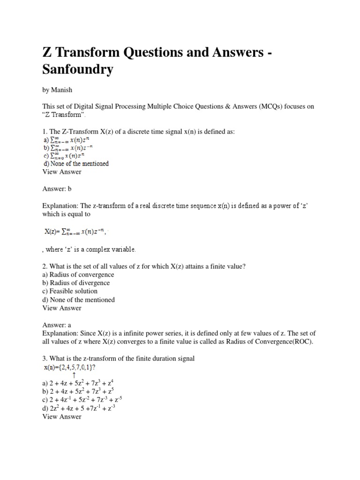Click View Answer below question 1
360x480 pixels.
pyautogui.click(x=61, y=172)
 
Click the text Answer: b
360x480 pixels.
pyautogui.click(x=57, y=188)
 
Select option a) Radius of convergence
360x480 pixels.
pyautogui.click(x=78, y=275)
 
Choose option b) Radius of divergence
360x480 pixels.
pyautogui.click(x=76, y=283)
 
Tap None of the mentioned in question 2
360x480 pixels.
pyautogui.click(x=78, y=300)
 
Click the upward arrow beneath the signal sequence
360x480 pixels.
pyautogui.click(x=74, y=375)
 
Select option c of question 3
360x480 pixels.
pyautogui.click(x=82, y=400)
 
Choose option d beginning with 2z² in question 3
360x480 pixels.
pyautogui.click(x=79, y=408)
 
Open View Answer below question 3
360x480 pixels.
pyautogui.click(x=61, y=417)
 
